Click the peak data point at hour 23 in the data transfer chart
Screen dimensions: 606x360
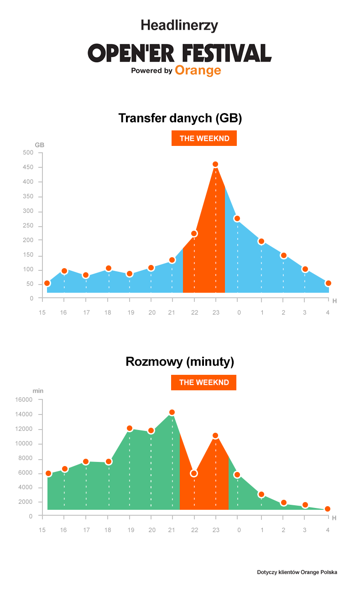click(x=215, y=164)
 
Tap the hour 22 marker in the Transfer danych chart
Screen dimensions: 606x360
click(x=194, y=233)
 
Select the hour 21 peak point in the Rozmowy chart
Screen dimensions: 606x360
click(x=172, y=412)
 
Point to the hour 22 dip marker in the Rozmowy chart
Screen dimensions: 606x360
click(x=194, y=473)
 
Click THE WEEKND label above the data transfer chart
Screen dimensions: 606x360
click(x=204, y=139)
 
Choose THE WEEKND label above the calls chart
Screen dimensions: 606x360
click(x=203, y=383)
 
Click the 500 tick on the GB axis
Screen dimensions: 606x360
click(x=28, y=153)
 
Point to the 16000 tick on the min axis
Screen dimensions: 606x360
click(x=24, y=400)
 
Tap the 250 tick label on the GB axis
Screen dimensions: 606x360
click(x=28, y=226)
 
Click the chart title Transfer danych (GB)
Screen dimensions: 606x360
click(x=180, y=118)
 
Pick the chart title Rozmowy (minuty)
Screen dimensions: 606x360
click(x=180, y=362)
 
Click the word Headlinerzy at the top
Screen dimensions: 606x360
click(x=179, y=25)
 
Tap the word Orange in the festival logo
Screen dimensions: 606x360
click(x=198, y=70)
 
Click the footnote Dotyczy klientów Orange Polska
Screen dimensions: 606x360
click(x=297, y=572)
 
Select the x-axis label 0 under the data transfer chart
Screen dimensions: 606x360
click(x=239, y=312)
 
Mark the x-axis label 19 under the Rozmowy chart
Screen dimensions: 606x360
click(x=130, y=530)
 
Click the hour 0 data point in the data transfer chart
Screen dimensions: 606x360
click(x=237, y=218)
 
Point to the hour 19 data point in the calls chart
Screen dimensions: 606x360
click(x=130, y=428)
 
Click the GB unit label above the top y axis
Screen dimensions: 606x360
click(x=40, y=145)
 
